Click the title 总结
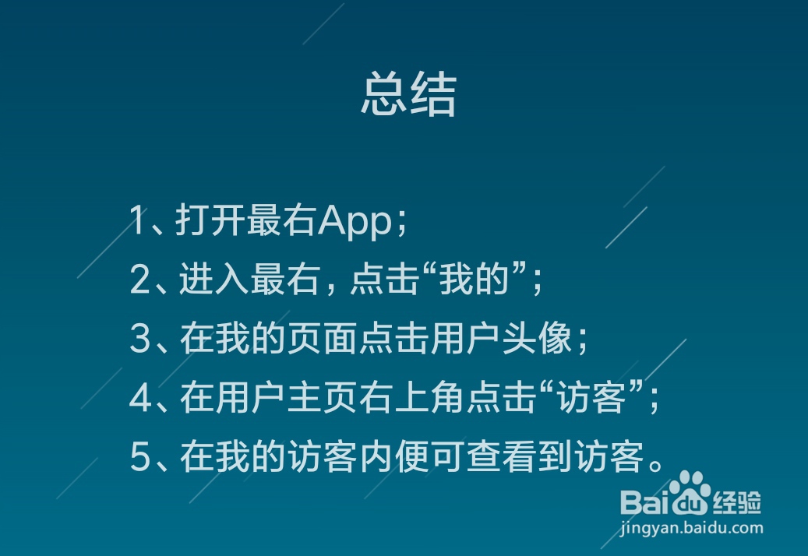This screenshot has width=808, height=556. [408, 93]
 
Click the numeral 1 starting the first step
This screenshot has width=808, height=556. [137, 220]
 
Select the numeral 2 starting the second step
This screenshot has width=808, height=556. [140, 279]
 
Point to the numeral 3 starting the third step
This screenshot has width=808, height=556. [140, 338]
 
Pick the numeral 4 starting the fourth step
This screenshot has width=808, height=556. [141, 397]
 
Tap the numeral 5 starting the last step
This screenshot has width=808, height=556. [140, 456]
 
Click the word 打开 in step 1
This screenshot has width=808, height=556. [210, 220]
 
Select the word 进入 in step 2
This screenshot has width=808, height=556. [213, 279]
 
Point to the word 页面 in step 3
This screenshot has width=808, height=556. [322, 338]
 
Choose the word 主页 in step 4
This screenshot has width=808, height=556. [322, 397]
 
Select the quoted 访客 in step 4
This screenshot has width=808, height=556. [592, 397]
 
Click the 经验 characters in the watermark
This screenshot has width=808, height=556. [737, 502]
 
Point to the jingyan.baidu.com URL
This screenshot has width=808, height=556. [692, 528]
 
